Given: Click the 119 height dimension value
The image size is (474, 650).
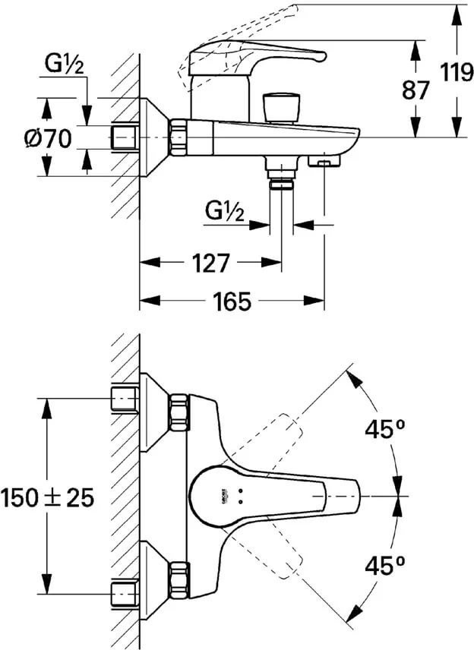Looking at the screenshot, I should pyautogui.click(x=455, y=73).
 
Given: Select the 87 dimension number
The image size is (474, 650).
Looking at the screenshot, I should pyautogui.click(x=416, y=90).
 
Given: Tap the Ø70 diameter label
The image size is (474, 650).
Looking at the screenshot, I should pyautogui.click(x=47, y=139).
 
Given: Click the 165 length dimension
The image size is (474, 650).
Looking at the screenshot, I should pyautogui.click(x=231, y=301).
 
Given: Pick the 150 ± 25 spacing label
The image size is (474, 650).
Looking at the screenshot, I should pyautogui.click(x=47, y=497).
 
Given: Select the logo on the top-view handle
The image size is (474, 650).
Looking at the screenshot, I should pyautogui.click(x=224, y=494).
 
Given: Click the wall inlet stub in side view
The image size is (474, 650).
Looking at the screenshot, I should pyautogui.click(x=123, y=137).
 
